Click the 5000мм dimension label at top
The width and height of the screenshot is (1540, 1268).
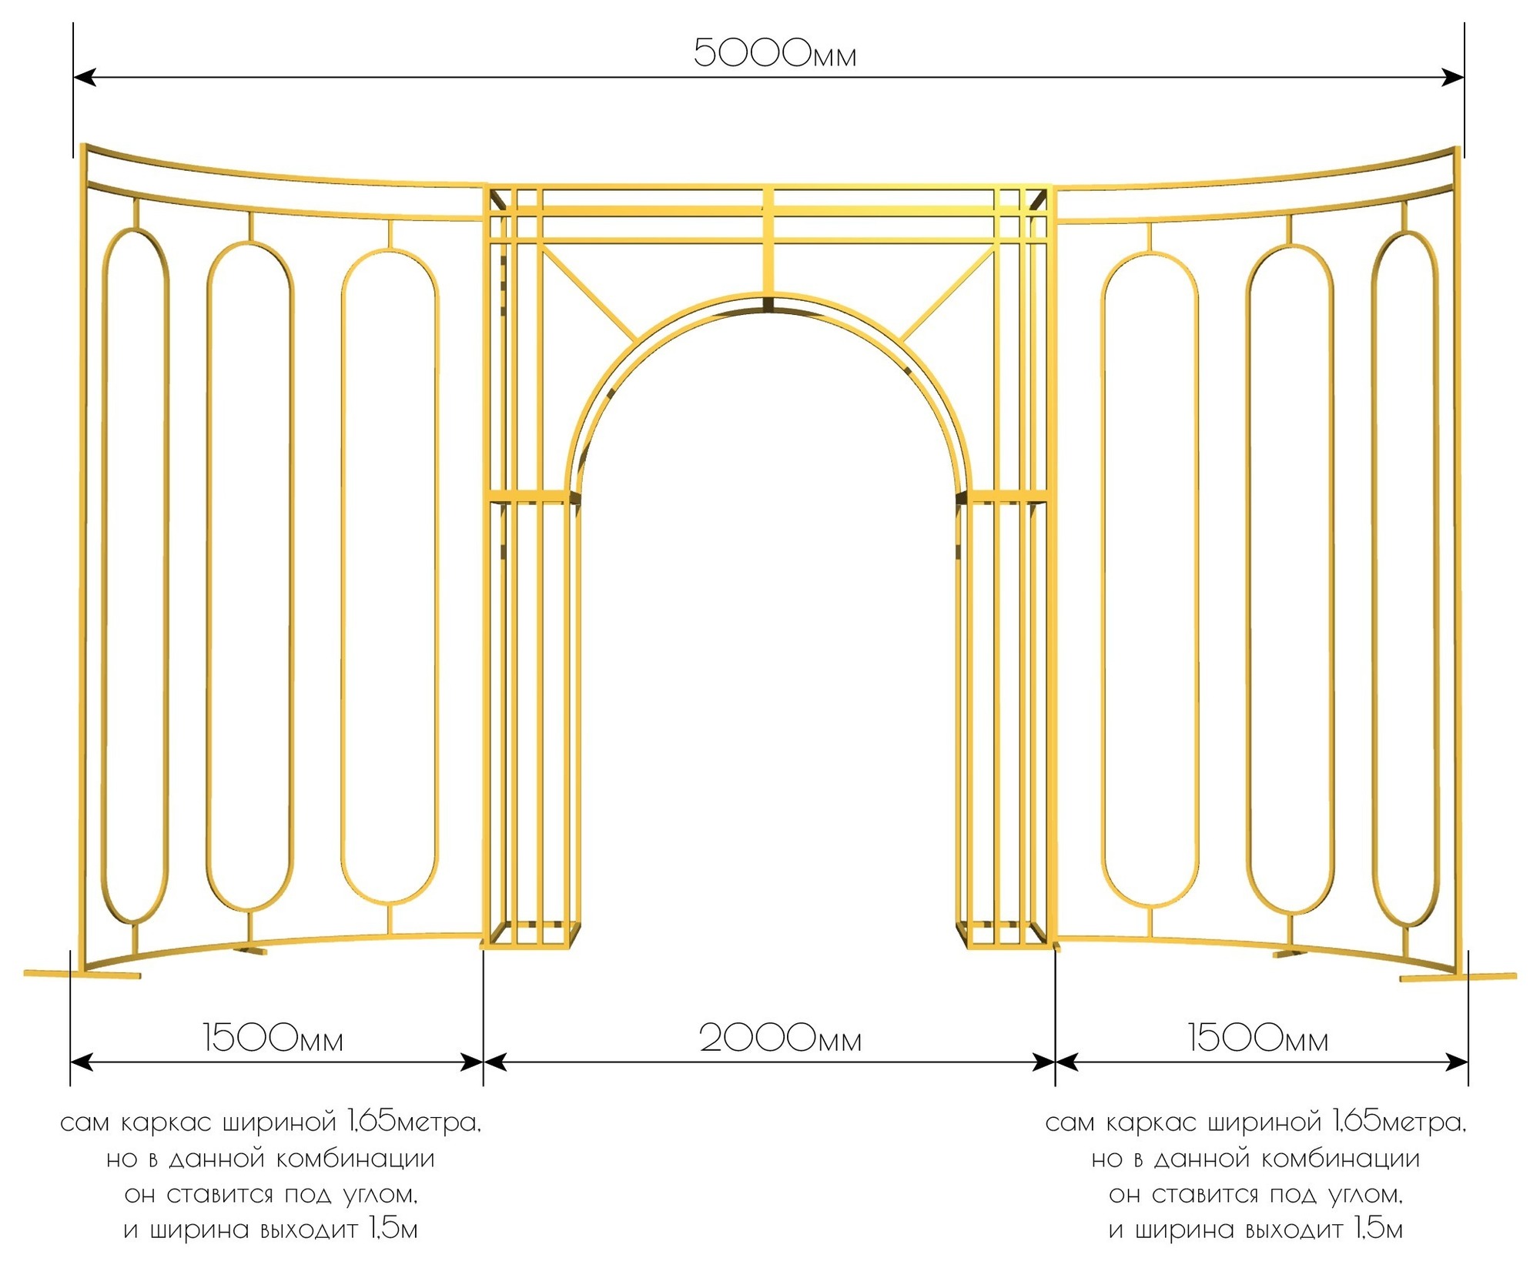775,52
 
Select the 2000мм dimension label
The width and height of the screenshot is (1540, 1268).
780,1039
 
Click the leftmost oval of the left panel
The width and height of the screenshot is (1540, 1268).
136,574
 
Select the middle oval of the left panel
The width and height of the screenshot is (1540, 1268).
250,576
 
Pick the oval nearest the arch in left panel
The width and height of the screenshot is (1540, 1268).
390,576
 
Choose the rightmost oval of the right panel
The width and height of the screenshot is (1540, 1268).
1405,578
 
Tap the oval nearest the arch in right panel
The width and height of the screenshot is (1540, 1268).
1150,580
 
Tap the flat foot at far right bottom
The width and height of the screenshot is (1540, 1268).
1458,977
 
